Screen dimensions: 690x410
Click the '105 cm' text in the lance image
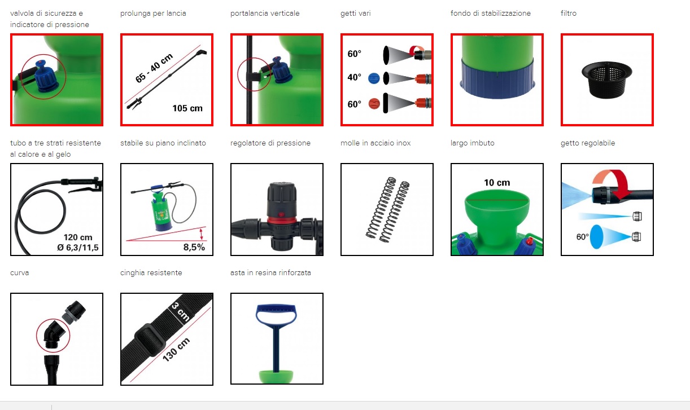[187, 108]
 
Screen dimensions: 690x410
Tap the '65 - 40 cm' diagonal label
[154, 68]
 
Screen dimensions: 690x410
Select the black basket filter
[607, 80]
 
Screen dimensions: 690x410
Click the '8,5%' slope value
[194, 247]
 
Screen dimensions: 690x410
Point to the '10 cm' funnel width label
[497, 183]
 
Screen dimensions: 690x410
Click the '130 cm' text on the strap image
[176, 350]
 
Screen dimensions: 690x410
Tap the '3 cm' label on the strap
[181, 311]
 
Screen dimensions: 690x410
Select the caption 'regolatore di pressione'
[270, 143]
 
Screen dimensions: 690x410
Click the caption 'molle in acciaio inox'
[375, 143]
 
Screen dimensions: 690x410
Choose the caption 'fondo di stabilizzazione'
[490, 13]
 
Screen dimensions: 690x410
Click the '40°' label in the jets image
[354, 77]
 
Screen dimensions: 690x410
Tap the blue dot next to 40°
[374, 78]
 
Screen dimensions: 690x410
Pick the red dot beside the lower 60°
[374, 104]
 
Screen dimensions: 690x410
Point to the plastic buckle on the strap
[150, 340]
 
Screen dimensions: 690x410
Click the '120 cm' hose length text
[78, 237]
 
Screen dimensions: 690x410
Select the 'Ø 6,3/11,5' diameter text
[77, 247]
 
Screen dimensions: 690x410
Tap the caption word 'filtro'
[569, 13]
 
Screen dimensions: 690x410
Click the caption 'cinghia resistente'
[151, 273]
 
